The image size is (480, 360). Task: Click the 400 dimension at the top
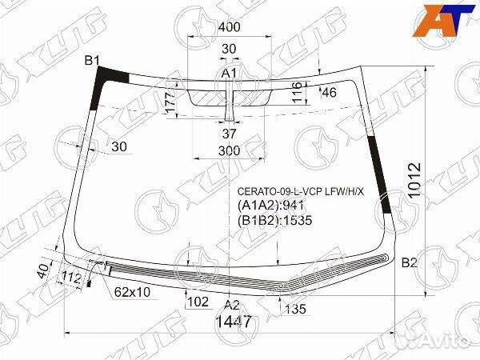pos(229,27)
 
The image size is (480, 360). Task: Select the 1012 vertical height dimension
pos(414,180)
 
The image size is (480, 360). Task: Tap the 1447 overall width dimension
pos(234,322)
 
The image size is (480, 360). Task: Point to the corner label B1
pos(92,61)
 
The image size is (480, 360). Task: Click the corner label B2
pos(410,262)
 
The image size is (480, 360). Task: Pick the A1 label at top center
pos(229,74)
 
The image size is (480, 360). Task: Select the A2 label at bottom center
pos(232,305)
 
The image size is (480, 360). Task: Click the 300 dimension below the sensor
pos(229,151)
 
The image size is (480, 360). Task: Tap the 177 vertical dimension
pos(171,102)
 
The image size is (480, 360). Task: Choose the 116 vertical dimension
pos(298,92)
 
